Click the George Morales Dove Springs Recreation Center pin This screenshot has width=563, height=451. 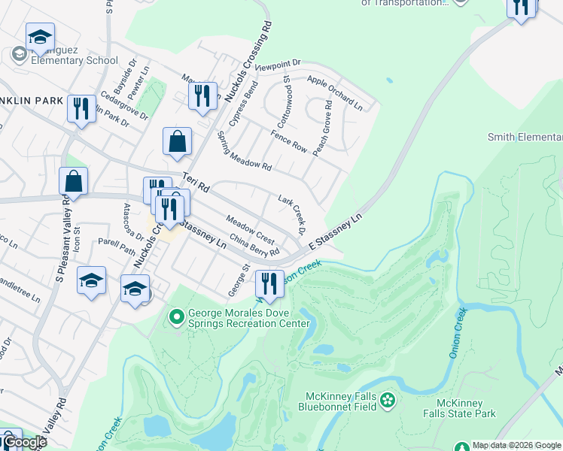[177, 317]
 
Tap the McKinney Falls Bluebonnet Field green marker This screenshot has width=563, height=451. [388, 399]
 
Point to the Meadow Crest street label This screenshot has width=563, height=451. [251, 228]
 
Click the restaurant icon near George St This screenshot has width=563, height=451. [269, 283]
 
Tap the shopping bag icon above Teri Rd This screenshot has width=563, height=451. [177, 141]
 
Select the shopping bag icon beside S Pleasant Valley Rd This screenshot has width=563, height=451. [74, 180]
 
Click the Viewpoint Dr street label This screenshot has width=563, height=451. [278, 66]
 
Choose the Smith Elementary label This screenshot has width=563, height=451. [525, 137]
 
